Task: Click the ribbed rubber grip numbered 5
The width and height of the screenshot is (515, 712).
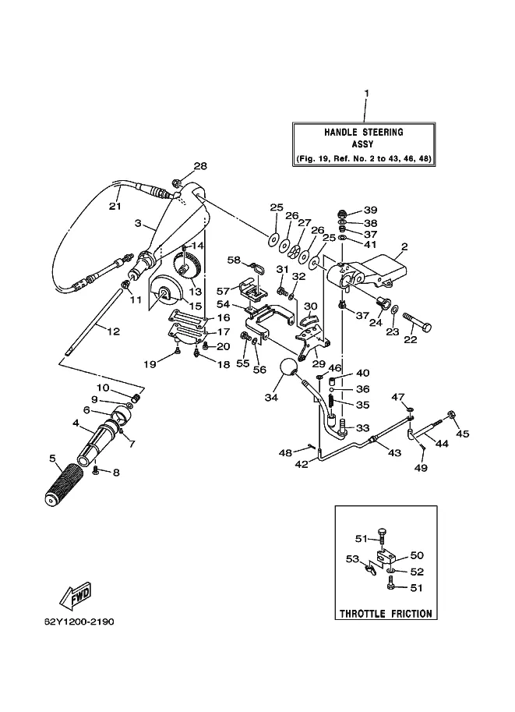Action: pos(65,485)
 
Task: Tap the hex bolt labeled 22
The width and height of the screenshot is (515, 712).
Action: pos(417,321)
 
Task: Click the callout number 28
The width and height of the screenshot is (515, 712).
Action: pos(200,166)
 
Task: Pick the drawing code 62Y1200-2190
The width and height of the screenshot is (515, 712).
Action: pos(79,622)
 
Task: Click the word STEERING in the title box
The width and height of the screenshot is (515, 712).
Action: pos(383,132)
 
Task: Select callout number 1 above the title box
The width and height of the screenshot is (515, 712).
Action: pos(367,93)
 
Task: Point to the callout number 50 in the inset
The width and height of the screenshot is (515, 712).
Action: pos(417,555)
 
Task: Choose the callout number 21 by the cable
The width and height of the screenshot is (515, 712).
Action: pos(115,206)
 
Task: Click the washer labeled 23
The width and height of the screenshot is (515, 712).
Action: pos(395,310)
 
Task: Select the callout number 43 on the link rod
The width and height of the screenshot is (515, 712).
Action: pos(394,453)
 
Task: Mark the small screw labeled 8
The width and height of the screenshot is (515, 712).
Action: pos(96,471)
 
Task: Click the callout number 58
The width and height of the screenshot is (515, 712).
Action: pos(235,260)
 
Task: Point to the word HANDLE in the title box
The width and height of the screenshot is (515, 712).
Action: pos(340,132)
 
